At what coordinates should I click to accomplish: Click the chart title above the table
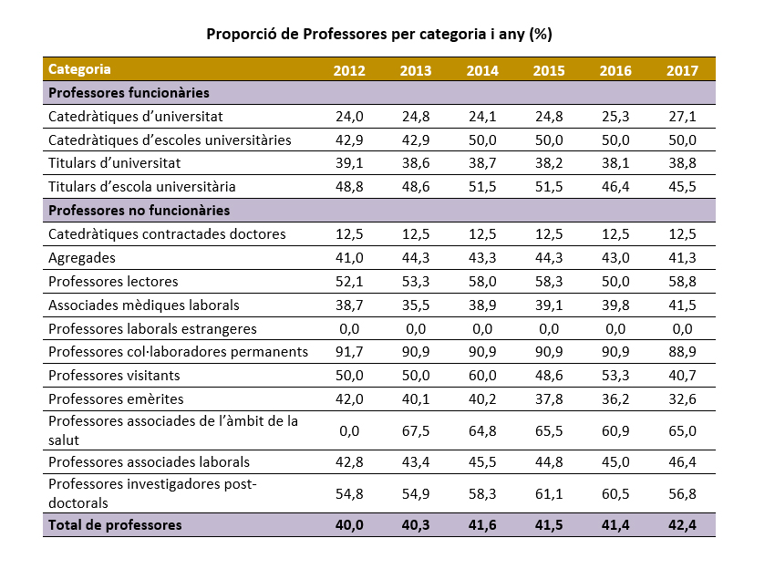click(x=379, y=34)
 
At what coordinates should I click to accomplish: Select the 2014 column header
click(x=482, y=70)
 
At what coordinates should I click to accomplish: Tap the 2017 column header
click(x=682, y=70)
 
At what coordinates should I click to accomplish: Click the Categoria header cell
click(x=80, y=69)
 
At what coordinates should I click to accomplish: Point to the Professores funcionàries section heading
click(x=129, y=93)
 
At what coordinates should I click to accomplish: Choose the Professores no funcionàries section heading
click(x=139, y=211)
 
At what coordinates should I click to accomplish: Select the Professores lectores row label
click(x=113, y=282)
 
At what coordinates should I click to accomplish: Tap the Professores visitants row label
click(x=114, y=376)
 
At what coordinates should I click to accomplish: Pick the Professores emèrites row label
click(x=116, y=399)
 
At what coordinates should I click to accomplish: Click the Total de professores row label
click(x=115, y=525)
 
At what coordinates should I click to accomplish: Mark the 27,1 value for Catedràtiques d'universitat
click(x=682, y=117)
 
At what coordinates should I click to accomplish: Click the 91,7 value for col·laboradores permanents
click(x=349, y=352)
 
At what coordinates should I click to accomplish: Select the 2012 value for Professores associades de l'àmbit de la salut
click(x=349, y=430)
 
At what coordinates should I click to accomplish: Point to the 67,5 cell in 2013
click(x=416, y=430)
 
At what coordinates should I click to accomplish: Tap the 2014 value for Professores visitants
click(x=482, y=376)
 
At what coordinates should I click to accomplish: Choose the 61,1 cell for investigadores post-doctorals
click(x=549, y=493)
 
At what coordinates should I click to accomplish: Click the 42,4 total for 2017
click(x=682, y=525)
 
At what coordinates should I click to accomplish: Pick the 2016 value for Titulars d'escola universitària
click(x=615, y=187)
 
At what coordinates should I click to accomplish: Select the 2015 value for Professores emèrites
click(x=549, y=399)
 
